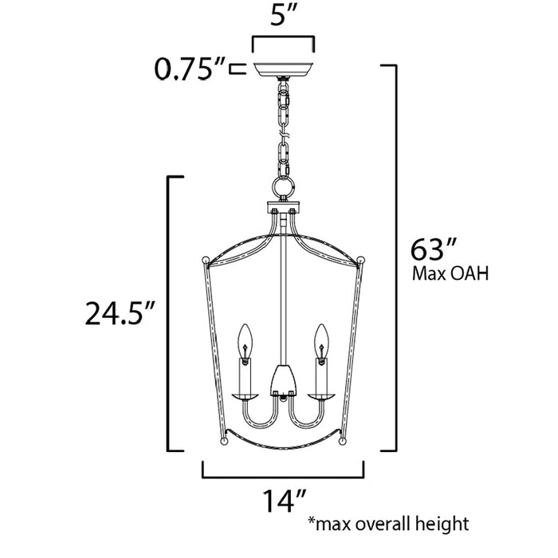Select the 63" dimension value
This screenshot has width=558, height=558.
click(x=431, y=250)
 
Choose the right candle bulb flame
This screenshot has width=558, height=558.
click(x=322, y=337)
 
